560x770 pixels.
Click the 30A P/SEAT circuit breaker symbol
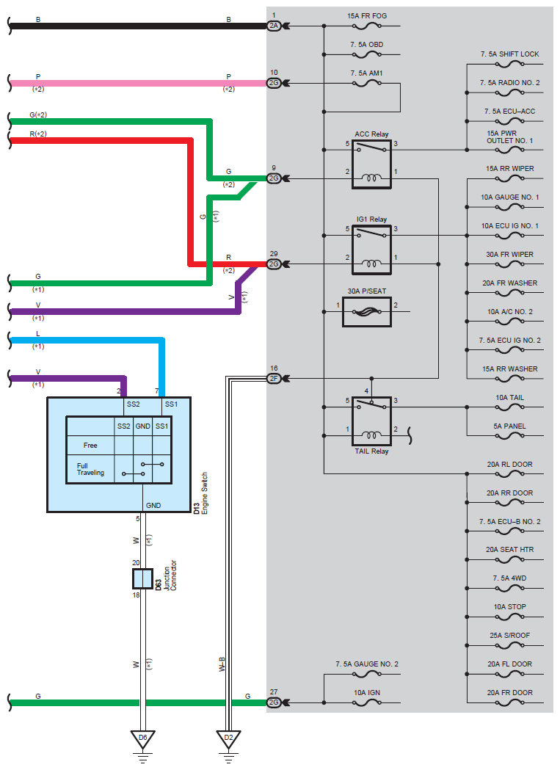click(x=366, y=311)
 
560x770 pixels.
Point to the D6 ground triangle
click(x=143, y=739)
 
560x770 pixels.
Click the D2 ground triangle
click(x=228, y=739)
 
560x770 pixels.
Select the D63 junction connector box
click(x=143, y=579)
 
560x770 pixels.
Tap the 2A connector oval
click(x=274, y=26)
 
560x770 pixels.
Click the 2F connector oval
click(x=274, y=378)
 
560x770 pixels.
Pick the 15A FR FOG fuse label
click(x=367, y=15)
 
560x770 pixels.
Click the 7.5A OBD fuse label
click(x=367, y=44)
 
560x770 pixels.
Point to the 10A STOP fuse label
click(x=510, y=606)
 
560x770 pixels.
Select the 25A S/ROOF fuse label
click(x=510, y=635)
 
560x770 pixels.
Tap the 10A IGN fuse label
click(x=367, y=692)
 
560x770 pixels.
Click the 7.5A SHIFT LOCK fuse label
click(x=510, y=54)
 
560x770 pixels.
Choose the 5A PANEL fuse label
click(x=510, y=426)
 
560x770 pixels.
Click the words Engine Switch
click(x=205, y=493)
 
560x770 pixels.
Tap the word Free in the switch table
click(x=90, y=446)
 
